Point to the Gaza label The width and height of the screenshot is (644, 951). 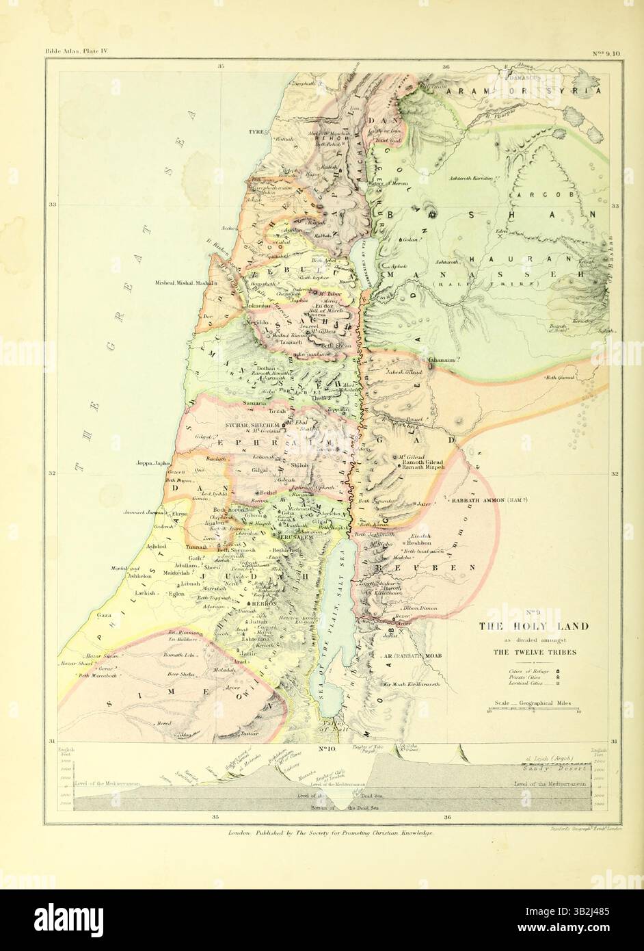[x=104, y=615]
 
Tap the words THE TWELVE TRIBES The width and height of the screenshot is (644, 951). [x=535, y=651]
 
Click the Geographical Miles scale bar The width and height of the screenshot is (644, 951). [x=534, y=711]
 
